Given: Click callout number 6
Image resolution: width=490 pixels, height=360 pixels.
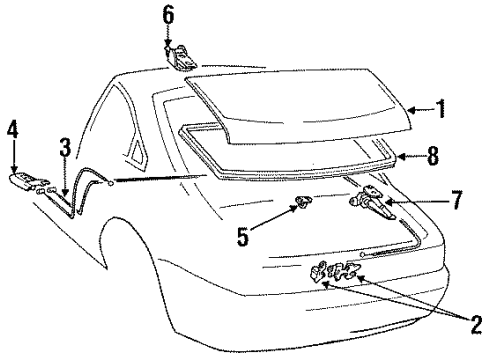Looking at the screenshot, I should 168,13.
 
